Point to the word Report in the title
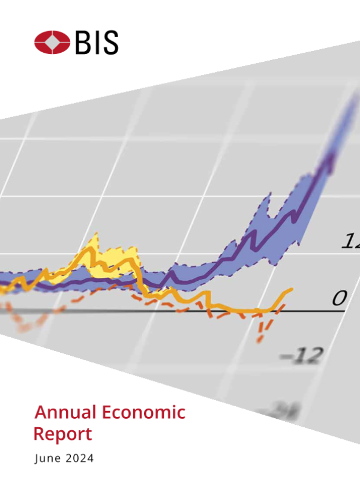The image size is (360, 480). click(x=63, y=434)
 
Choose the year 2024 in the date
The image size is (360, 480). click(x=79, y=459)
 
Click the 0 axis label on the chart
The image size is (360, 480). click(x=340, y=298)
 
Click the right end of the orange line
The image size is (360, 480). click(x=292, y=289)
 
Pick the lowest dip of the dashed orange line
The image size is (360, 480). click(x=259, y=340)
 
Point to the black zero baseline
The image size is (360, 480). click(x=180, y=311)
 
